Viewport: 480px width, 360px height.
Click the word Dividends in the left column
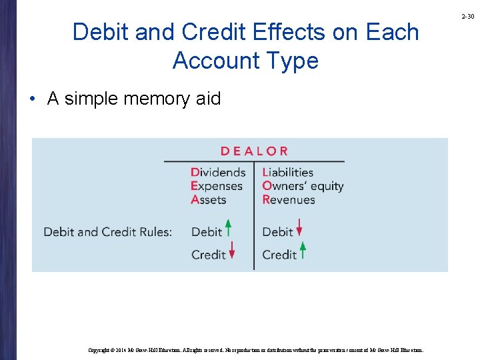coord(218,172)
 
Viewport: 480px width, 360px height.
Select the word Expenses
coord(217,186)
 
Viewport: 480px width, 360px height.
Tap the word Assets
coord(209,199)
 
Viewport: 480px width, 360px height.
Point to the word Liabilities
coord(287,172)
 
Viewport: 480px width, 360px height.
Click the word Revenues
coord(289,199)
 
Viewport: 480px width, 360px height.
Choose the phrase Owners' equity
coord(303,186)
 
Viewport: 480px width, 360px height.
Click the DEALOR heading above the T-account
coord(254,151)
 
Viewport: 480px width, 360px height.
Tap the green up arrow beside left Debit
coord(228,229)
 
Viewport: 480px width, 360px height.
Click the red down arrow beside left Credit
coord(232,251)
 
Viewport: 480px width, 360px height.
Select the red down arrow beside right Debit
coord(299,229)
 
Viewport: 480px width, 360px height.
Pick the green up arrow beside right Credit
coord(303,251)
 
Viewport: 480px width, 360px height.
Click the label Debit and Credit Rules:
coord(107,232)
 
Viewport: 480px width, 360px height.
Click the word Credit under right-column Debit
coord(279,255)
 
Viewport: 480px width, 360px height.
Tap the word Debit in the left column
coord(206,232)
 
